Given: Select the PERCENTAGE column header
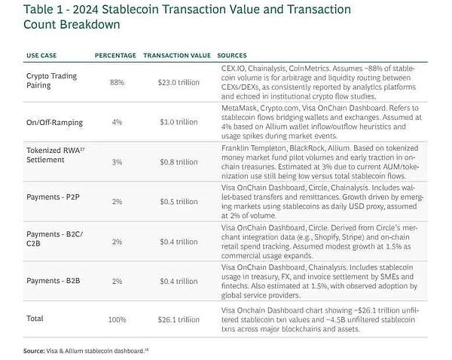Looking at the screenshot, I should [x=115, y=56].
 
